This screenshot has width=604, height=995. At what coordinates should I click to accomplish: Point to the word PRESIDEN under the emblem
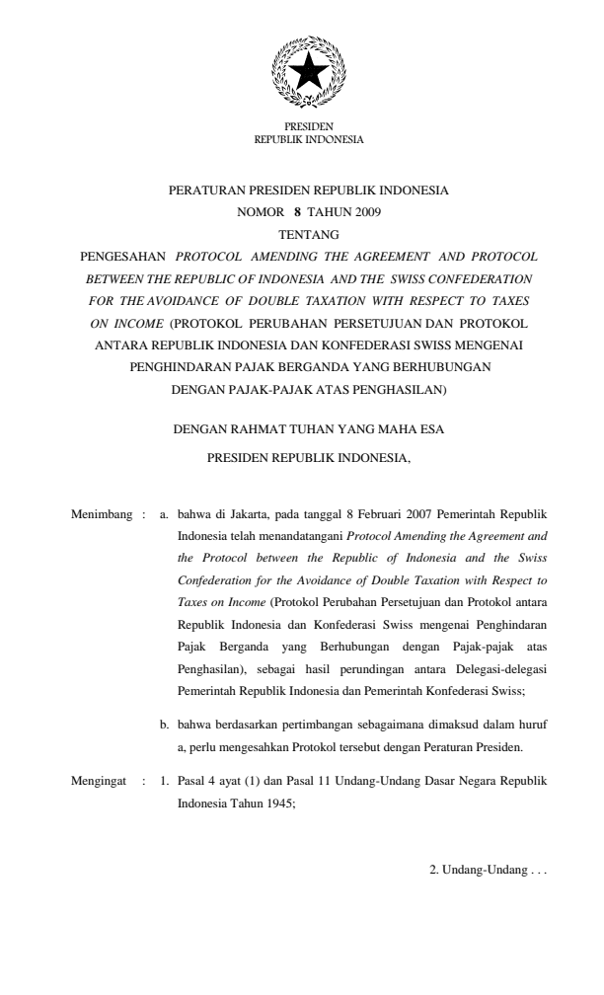coord(309,127)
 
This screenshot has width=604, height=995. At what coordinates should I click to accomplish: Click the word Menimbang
coord(102,515)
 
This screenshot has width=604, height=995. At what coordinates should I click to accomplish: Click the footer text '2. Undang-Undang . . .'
coord(481,875)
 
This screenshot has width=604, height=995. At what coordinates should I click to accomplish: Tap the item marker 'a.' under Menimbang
coord(166,515)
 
